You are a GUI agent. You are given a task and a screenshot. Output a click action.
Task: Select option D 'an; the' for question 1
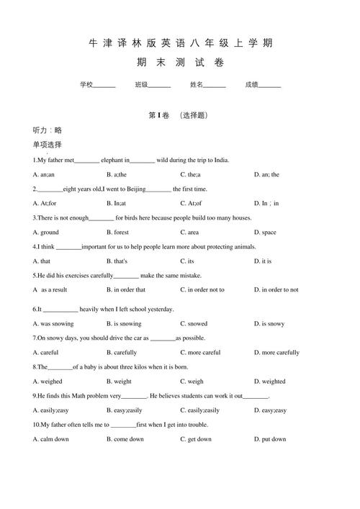click(x=266, y=174)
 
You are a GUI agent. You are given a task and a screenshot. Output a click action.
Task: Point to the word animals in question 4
click(x=242, y=247)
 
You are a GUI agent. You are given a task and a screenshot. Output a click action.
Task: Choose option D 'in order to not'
click(x=276, y=289)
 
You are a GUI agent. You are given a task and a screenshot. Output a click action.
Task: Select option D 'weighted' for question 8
click(x=269, y=382)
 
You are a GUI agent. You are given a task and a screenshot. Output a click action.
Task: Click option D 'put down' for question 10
click(x=270, y=439)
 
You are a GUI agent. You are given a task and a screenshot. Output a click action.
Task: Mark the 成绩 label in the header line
click(x=251, y=85)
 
